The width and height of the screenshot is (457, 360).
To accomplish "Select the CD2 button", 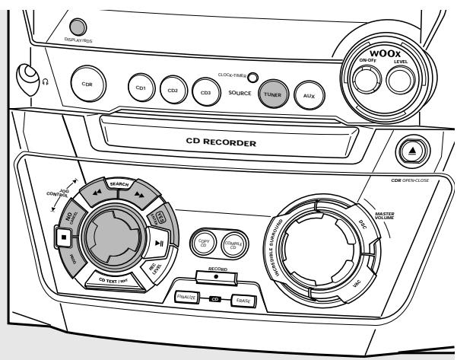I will (173, 89).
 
